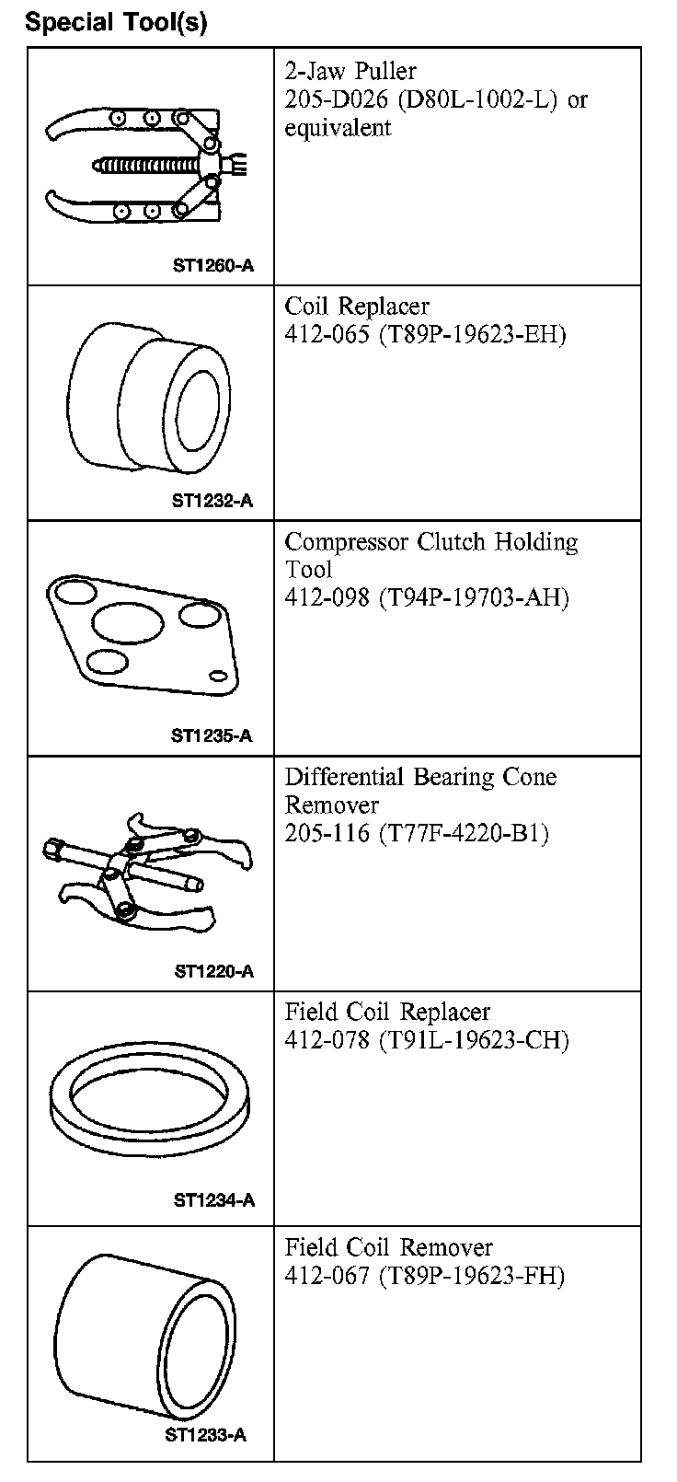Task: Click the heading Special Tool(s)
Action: click(x=116, y=22)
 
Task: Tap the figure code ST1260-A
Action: click(x=212, y=267)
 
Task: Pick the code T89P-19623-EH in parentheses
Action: click(x=472, y=334)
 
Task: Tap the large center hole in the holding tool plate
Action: click(x=125, y=627)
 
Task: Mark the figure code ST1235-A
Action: click(x=212, y=735)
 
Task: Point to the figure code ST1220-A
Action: click(x=213, y=971)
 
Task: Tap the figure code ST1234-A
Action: click(x=213, y=1200)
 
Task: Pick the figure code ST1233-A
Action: click(x=205, y=1435)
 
